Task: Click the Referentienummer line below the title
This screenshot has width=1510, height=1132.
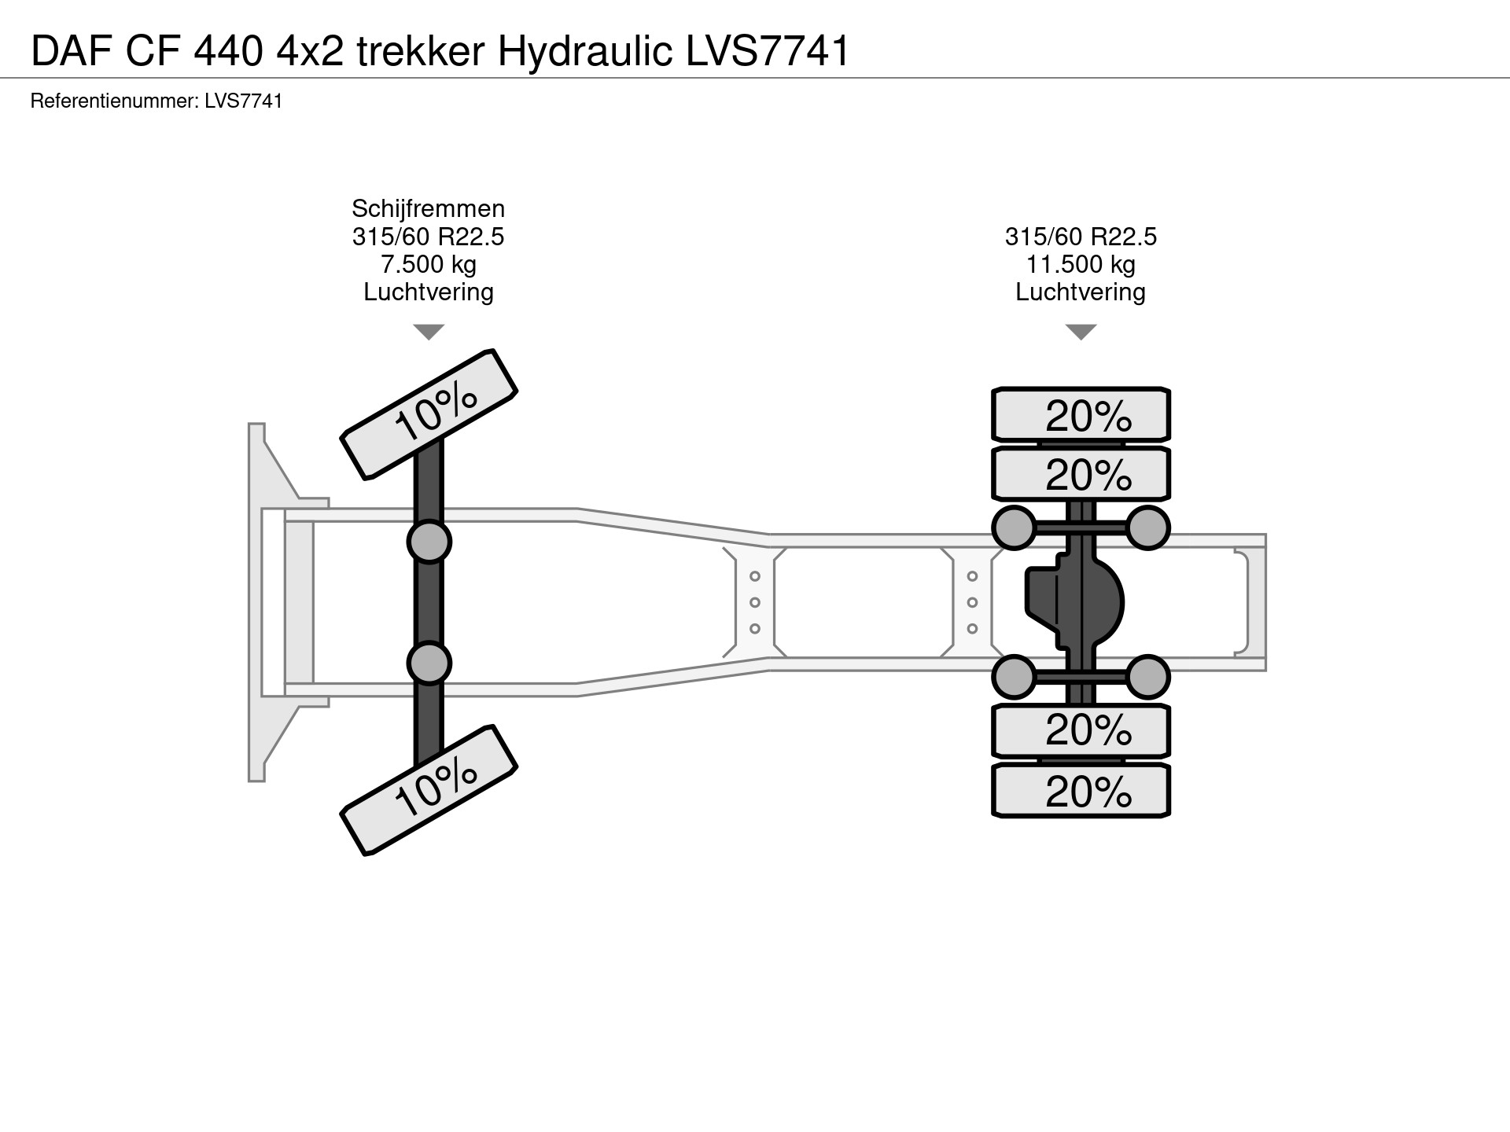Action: click(157, 101)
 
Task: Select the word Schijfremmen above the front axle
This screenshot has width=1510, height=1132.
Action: click(428, 208)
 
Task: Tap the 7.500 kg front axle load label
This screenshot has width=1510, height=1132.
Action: click(428, 264)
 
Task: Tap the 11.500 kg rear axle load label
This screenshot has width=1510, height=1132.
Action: click(1080, 264)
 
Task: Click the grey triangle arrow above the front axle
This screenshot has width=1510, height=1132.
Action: click(429, 332)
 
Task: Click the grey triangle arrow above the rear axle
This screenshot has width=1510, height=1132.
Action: click(1081, 332)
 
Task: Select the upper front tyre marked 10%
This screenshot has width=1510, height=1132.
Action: click(429, 413)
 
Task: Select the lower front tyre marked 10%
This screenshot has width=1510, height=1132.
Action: click(429, 789)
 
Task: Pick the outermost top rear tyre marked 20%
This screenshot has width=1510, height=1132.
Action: click(1081, 414)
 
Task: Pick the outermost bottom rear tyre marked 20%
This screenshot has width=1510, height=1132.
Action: click(1081, 791)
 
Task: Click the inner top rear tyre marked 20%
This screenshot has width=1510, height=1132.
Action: click(1081, 474)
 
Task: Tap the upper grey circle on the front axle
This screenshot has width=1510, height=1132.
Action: click(429, 542)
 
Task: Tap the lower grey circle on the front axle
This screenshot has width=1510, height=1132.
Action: click(429, 663)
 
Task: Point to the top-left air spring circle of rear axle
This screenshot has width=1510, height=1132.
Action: click(1014, 527)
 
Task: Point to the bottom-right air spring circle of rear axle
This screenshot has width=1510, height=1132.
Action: click(1147, 677)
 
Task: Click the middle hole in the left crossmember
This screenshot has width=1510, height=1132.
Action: click(754, 603)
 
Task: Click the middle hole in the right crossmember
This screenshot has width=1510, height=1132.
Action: click(972, 603)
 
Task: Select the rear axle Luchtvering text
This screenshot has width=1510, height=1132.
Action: click(1080, 292)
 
